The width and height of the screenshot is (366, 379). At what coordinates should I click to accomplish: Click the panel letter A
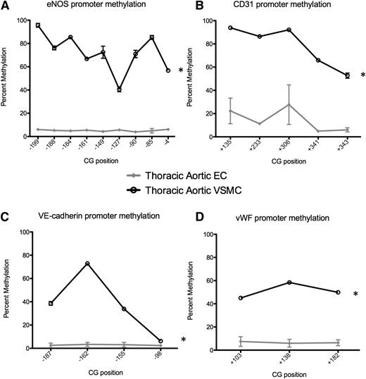tap(5, 6)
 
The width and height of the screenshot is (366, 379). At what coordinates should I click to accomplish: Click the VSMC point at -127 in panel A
tap(119, 89)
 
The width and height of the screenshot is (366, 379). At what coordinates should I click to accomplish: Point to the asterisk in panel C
tap(184, 341)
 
